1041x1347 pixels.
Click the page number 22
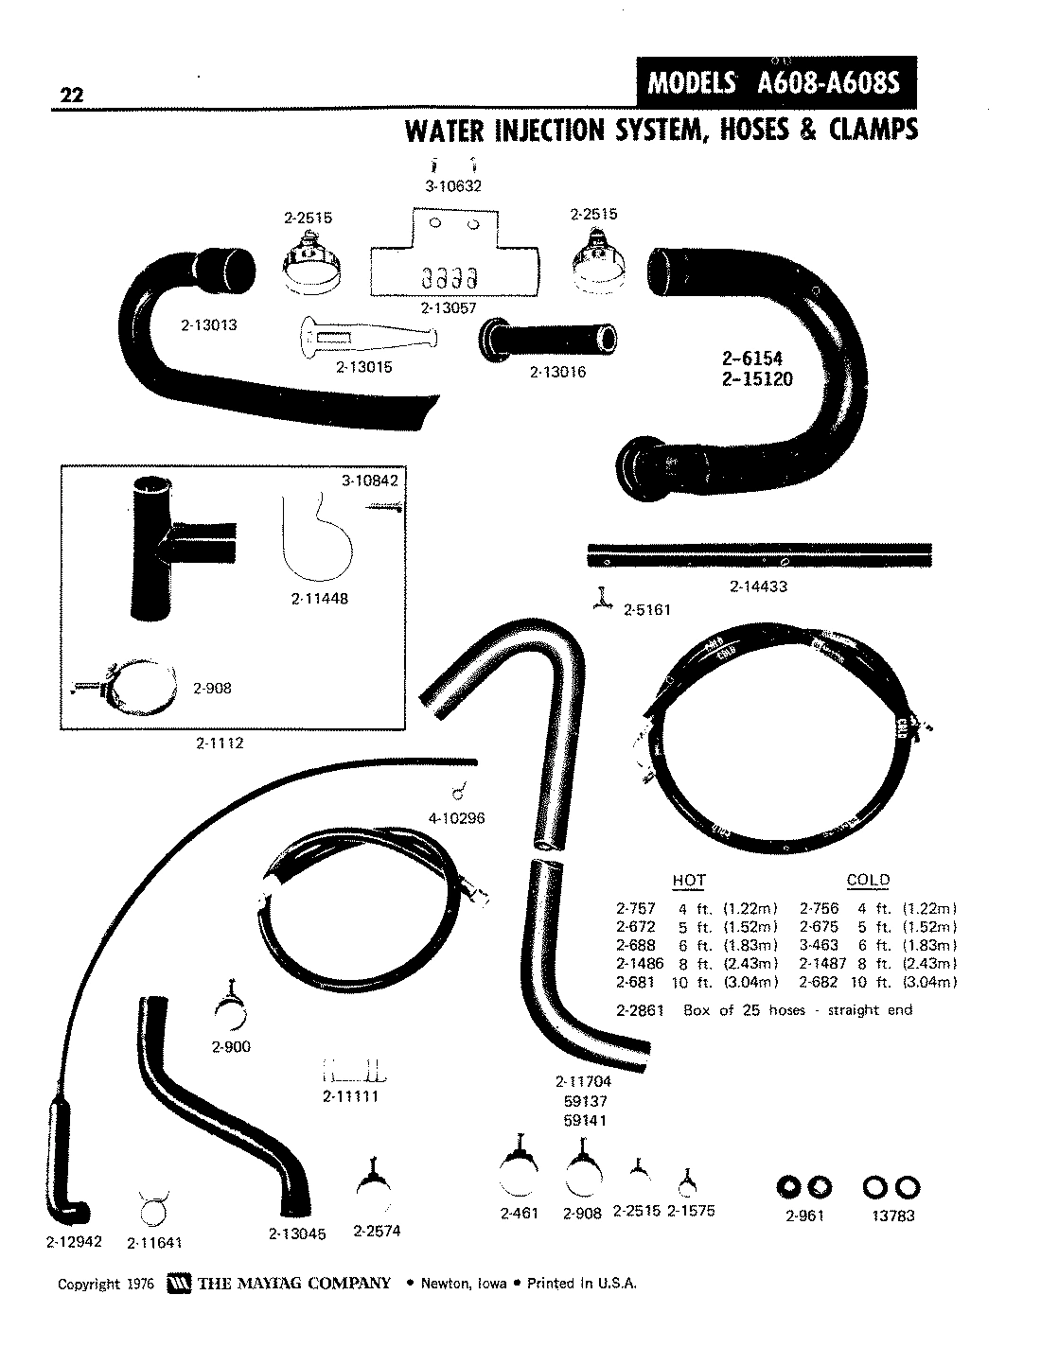click(x=71, y=96)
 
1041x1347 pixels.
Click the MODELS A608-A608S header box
click(x=776, y=84)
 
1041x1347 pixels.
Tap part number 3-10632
click(x=453, y=186)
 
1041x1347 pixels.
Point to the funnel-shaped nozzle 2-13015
click(x=368, y=336)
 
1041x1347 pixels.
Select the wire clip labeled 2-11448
click(x=317, y=537)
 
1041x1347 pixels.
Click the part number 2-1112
click(x=221, y=743)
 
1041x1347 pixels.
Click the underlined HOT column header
click(x=688, y=881)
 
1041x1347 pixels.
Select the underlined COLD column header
click(x=868, y=881)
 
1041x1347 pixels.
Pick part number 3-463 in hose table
click(x=820, y=945)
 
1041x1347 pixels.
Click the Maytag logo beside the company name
click(x=179, y=1284)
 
